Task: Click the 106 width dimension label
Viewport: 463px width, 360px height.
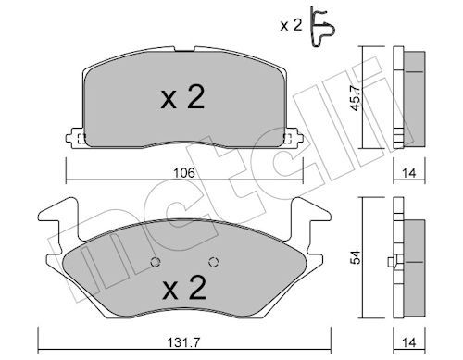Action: pyautogui.click(x=184, y=173)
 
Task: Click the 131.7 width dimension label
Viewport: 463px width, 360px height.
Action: pyautogui.click(x=183, y=342)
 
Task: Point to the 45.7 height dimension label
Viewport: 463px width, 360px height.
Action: pyautogui.click(x=355, y=98)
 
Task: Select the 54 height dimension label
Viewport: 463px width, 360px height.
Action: pyautogui.click(x=356, y=257)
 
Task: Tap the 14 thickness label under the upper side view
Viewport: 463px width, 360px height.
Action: pyautogui.click(x=409, y=173)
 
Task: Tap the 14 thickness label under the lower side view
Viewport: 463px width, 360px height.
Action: pyautogui.click(x=409, y=342)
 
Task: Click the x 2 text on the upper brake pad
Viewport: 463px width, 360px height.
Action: pyautogui.click(x=182, y=97)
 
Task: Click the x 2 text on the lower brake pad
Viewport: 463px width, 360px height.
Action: pyautogui.click(x=184, y=287)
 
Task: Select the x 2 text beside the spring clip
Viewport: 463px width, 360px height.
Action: pyautogui.click(x=291, y=25)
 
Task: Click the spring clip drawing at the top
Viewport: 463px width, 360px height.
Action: pyautogui.click(x=322, y=27)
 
